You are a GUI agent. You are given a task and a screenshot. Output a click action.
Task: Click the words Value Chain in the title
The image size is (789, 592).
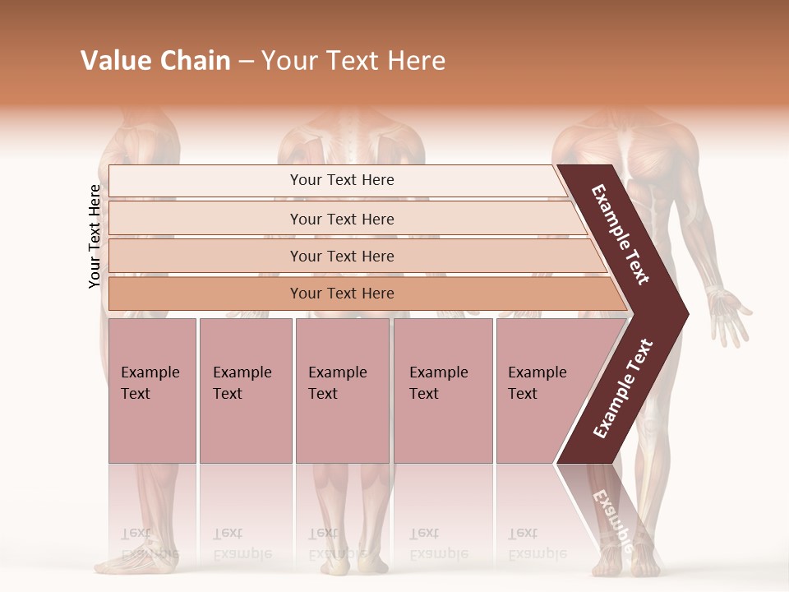pos(155,61)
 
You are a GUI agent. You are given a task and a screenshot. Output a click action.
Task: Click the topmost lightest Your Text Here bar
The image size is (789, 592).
pos(342,180)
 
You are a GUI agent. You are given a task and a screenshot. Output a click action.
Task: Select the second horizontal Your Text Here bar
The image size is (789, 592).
pos(342,219)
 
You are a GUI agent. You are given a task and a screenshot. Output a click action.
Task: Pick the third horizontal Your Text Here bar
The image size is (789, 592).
pos(342,256)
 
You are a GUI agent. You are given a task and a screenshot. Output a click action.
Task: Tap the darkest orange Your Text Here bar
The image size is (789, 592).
pos(342,294)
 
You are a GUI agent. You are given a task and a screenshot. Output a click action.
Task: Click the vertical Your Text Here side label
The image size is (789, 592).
pos(95,236)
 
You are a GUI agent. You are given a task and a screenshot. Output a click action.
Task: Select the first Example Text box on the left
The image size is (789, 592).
pos(152,391)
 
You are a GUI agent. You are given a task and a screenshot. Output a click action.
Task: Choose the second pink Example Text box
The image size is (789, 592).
pos(246,391)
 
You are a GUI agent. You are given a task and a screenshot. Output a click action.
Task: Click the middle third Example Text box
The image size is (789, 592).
pos(342,391)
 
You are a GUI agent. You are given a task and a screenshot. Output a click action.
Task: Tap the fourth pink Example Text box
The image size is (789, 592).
pos(443,391)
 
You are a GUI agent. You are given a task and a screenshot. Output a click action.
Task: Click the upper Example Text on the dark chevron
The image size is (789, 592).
pos(621,235)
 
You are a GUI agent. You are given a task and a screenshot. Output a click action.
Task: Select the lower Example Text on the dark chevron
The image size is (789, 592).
pos(622,389)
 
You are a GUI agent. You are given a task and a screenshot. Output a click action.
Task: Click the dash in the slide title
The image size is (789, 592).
pos(246,61)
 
